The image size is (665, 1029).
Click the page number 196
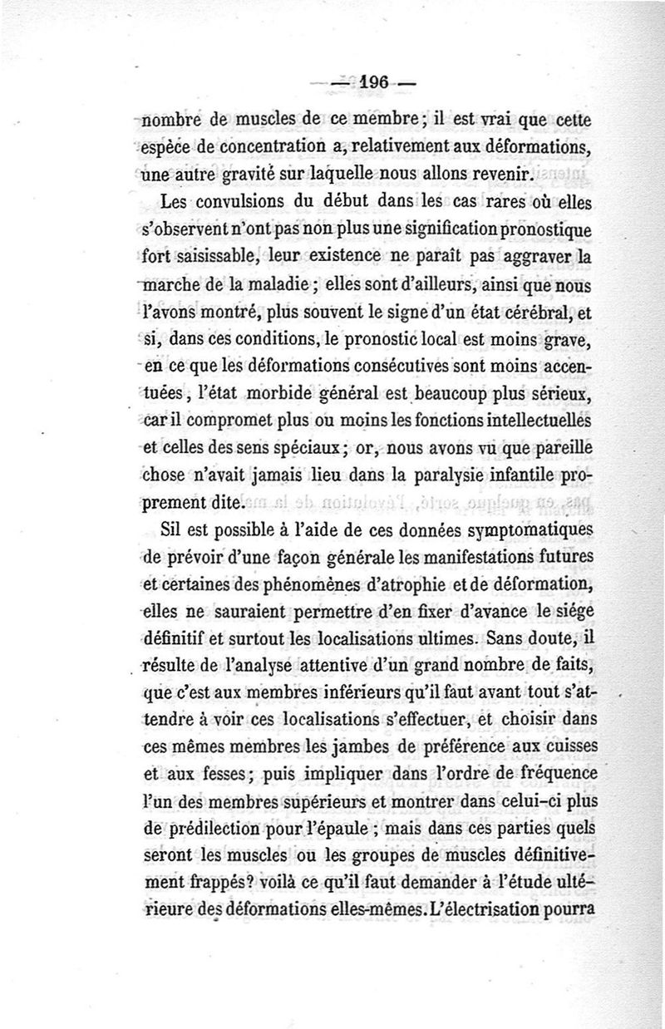[377, 82]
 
